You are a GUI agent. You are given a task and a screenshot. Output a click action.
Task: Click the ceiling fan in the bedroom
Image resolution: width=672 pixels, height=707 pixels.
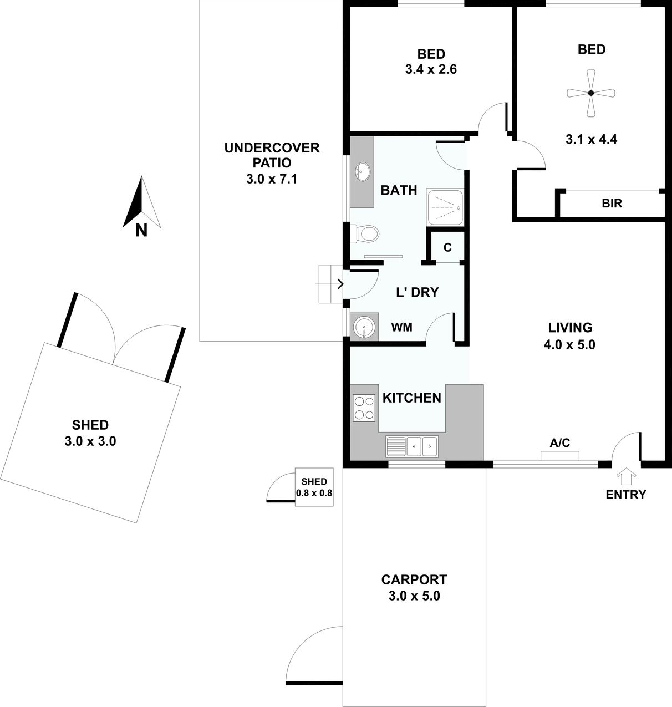click(590, 93)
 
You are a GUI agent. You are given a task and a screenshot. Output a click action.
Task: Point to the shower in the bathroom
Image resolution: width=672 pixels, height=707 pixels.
click(445, 207)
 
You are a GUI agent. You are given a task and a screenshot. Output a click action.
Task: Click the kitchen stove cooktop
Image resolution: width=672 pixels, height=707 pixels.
click(364, 408)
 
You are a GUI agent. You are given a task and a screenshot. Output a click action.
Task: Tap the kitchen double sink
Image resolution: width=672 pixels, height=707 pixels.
click(412, 446)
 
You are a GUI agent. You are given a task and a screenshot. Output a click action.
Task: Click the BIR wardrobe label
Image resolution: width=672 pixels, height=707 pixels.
click(612, 204)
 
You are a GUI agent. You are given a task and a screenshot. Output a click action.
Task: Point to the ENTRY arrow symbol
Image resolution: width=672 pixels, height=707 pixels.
click(626, 476)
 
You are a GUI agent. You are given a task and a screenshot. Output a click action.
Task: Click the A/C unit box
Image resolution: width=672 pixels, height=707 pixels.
click(560, 456)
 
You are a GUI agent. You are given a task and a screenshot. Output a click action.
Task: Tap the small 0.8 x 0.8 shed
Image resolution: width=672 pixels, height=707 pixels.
click(314, 487)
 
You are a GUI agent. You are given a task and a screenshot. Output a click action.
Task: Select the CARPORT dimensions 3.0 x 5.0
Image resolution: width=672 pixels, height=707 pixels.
click(414, 596)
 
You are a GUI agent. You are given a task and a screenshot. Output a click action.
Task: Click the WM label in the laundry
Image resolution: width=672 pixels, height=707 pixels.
click(401, 327)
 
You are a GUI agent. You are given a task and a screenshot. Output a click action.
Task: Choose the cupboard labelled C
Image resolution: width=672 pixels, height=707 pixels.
click(447, 247)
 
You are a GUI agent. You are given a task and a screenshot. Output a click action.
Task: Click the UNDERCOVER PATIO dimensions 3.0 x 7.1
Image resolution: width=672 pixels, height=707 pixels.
click(272, 179)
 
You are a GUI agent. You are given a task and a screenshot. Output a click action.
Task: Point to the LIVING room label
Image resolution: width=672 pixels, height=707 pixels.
click(570, 328)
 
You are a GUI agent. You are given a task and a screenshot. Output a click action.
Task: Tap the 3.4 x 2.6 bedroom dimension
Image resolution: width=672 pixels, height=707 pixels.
click(431, 69)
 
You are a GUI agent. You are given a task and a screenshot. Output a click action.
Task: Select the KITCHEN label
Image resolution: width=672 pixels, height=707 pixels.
click(412, 398)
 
